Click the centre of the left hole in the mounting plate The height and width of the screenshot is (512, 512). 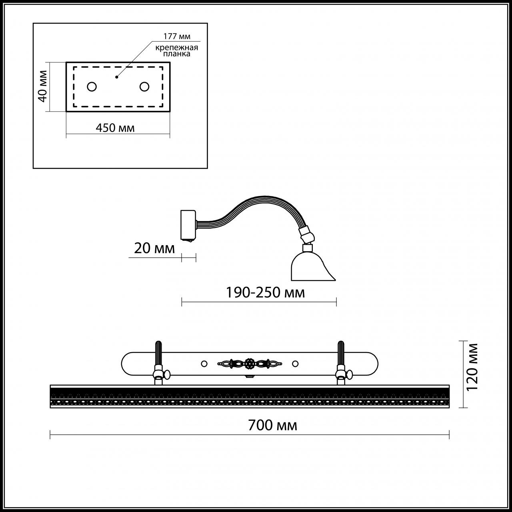92,87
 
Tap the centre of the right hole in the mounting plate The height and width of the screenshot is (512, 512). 144,87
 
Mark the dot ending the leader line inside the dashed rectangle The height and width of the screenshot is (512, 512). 116,77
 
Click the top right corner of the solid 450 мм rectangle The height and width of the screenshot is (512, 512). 170,62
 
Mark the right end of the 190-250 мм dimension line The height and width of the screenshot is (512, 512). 336,302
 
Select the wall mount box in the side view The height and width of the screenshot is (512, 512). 188,225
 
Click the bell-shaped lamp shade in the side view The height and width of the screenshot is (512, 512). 313,266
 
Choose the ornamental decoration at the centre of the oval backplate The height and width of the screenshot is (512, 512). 250,363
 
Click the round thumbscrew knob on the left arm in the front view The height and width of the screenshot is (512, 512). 167,375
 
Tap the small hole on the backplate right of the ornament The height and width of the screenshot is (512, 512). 295,364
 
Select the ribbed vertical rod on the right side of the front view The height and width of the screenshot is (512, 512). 341,353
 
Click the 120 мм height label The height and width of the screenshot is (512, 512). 472,367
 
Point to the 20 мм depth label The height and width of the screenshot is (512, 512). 154,249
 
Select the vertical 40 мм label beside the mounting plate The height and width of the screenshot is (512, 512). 42,86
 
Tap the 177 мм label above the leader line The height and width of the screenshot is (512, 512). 177,36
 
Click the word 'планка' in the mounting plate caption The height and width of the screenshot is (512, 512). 177,54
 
